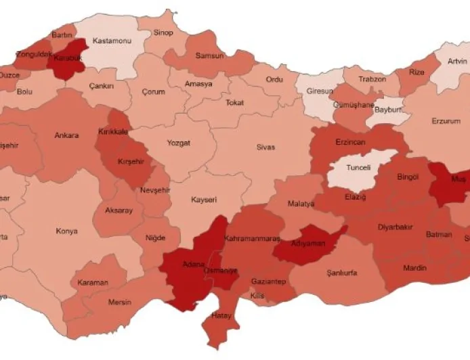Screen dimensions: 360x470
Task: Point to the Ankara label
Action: click(x=66, y=135)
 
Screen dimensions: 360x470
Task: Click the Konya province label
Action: click(x=66, y=231)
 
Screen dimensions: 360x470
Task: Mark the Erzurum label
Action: click(x=445, y=122)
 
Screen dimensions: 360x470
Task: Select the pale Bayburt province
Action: click(x=388, y=109)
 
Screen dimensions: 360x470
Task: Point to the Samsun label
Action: click(x=209, y=56)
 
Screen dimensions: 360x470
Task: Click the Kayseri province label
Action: click(x=203, y=200)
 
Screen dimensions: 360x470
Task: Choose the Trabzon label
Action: click(x=372, y=79)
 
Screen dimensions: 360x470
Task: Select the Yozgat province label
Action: click(x=179, y=143)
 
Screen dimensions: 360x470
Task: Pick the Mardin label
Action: click(x=414, y=268)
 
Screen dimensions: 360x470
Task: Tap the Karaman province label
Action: click(x=93, y=282)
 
